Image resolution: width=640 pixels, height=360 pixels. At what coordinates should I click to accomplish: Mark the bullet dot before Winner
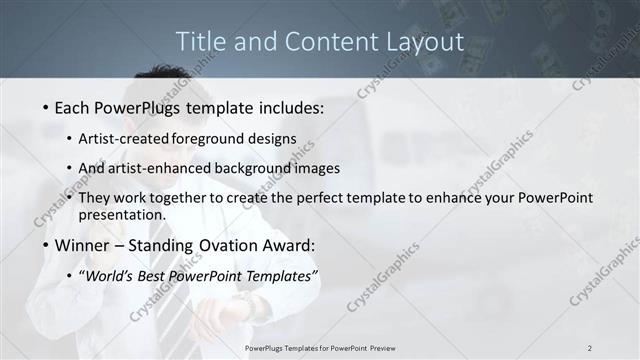[x=46, y=245]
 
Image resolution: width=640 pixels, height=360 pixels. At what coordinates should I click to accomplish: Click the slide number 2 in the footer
[x=590, y=348]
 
